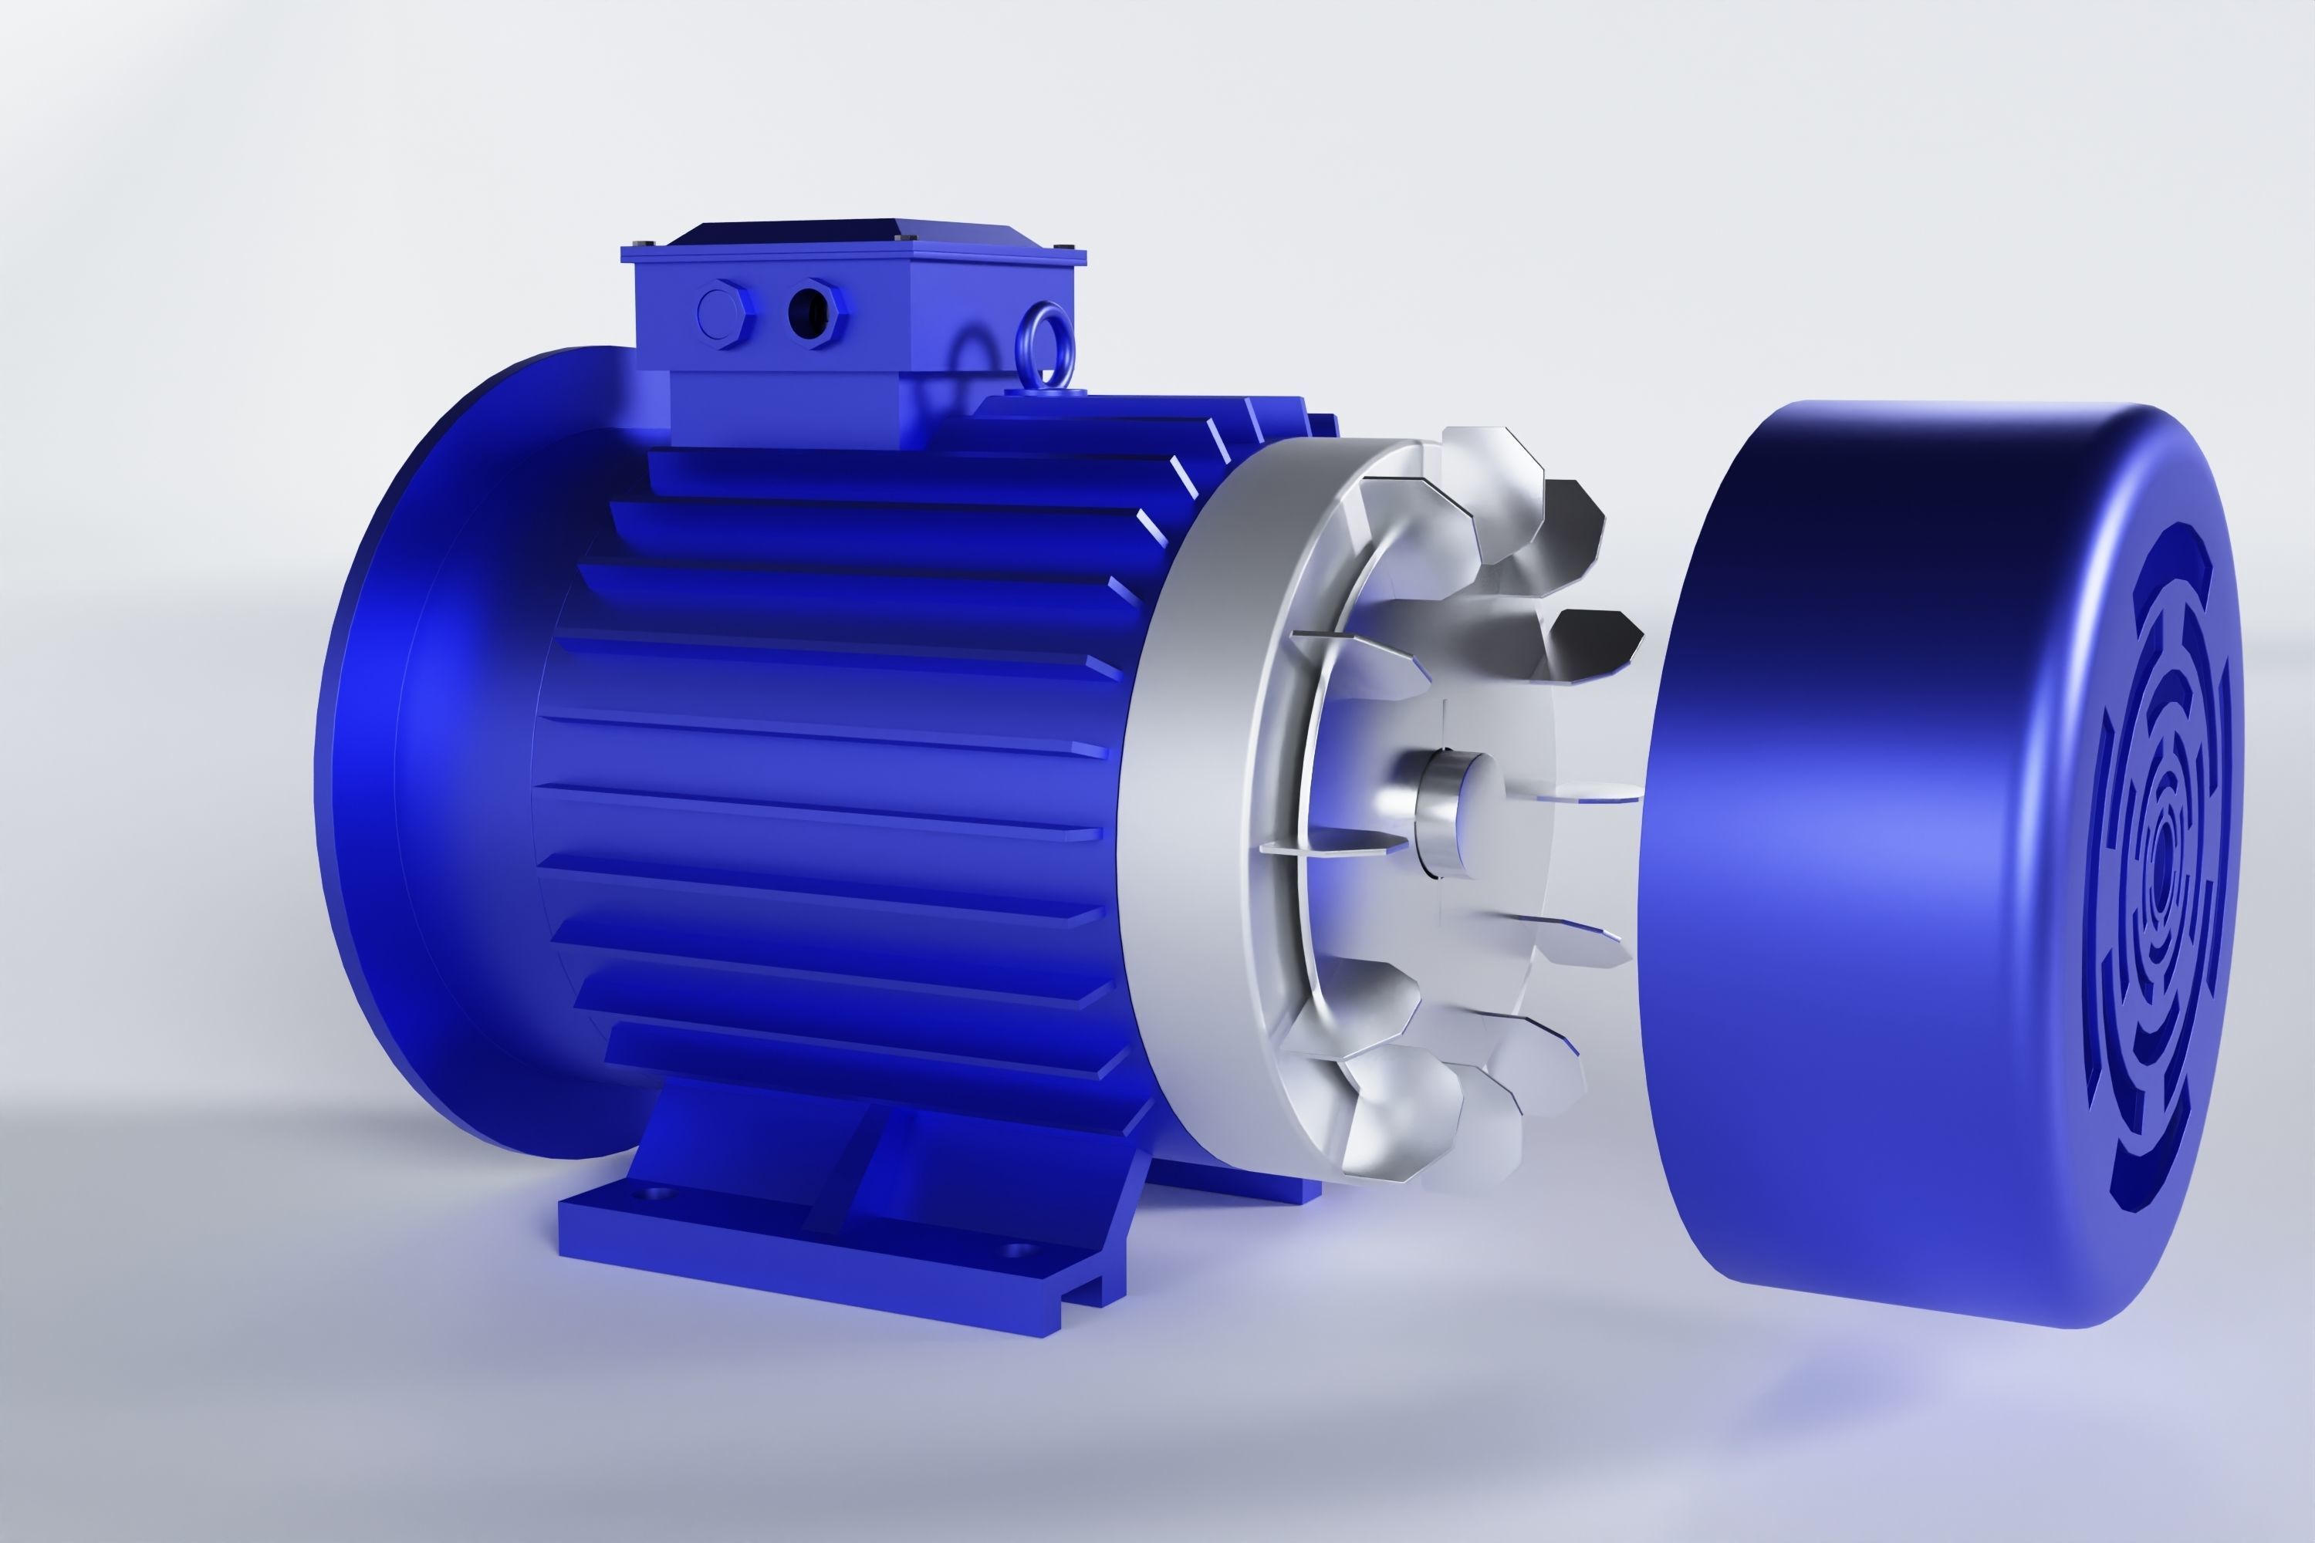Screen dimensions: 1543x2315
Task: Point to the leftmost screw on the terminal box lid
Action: click(642, 243)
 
